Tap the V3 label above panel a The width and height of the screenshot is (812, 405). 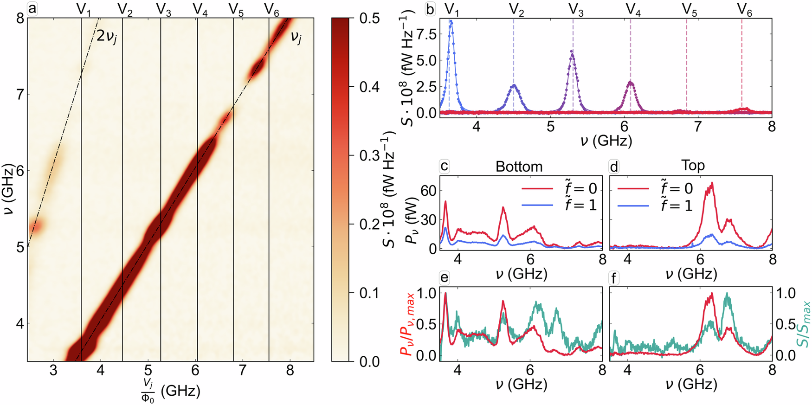(163, 10)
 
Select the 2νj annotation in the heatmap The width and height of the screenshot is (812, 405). (107, 36)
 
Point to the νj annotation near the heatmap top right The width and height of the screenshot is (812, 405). (296, 37)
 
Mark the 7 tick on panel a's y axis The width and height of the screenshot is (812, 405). (19, 95)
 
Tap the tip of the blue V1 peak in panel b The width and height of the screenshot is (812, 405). (450, 21)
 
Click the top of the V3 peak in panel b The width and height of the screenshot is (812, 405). (572, 51)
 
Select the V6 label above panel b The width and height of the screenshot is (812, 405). (744, 10)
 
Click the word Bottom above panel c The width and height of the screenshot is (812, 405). (519, 167)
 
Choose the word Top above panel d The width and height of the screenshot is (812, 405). (693, 166)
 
